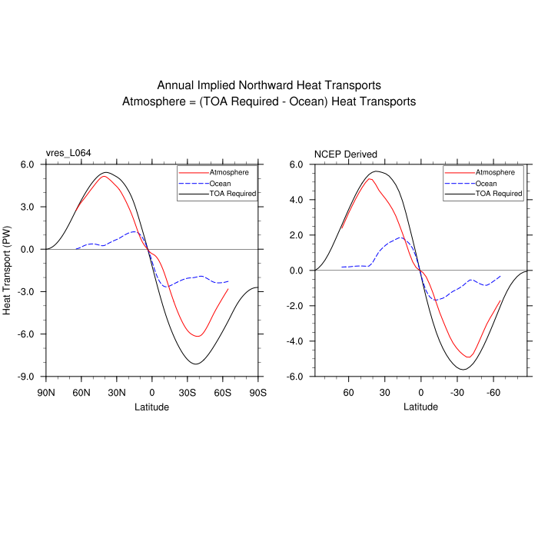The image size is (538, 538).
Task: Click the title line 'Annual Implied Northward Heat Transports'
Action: click(x=269, y=85)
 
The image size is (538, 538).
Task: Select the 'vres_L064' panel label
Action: click(x=68, y=154)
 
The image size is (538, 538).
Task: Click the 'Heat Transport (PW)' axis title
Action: click(x=8, y=271)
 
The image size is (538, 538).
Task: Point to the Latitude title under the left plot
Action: click(x=152, y=406)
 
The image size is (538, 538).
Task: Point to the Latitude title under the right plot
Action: click(x=421, y=406)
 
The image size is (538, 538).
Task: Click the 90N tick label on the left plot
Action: click(x=46, y=392)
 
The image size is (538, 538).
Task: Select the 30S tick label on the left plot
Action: click(x=187, y=392)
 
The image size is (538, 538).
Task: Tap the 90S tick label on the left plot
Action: click(x=257, y=392)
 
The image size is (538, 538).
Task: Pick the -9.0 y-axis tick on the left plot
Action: click(x=27, y=377)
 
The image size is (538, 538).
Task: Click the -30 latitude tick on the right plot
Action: click(x=457, y=392)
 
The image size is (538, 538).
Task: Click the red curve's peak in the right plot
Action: click(x=370, y=179)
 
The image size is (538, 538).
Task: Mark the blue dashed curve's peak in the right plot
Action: click(x=400, y=237)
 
